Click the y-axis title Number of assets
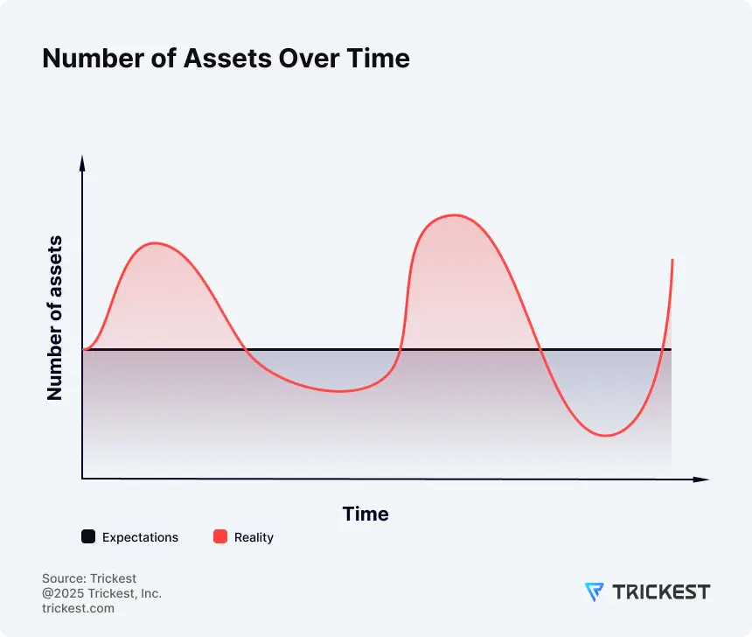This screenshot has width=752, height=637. click(55, 318)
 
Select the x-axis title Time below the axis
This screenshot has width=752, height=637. click(366, 514)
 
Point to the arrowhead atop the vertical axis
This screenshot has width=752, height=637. click(82, 161)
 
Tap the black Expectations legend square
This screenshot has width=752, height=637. click(88, 537)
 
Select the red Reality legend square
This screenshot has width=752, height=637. click(220, 537)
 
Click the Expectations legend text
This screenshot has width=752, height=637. click(140, 537)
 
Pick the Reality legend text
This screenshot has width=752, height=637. click(254, 537)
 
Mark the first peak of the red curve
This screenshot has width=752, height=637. click(155, 243)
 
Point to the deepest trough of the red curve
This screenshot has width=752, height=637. click(604, 435)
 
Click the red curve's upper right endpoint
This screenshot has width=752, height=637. click(672, 261)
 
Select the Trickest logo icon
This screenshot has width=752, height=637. click(594, 592)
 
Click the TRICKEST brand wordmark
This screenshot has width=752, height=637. click(661, 592)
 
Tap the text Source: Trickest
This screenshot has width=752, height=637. click(89, 578)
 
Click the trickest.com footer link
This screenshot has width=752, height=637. click(78, 608)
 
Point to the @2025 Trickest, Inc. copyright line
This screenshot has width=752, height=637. click(101, 593)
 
